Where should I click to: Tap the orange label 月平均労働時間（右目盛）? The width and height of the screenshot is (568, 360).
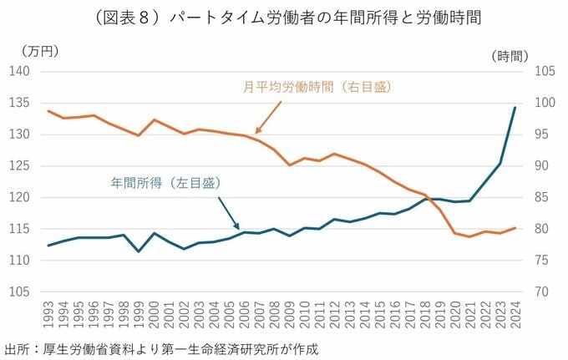317,86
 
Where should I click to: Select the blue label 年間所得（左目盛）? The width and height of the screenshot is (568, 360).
165,181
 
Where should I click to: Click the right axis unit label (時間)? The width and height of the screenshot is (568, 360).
510,56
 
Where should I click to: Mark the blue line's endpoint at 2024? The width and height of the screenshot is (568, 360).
515,107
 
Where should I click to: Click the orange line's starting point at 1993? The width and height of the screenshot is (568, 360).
49,111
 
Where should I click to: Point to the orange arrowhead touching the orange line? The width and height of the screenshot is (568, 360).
256,132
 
